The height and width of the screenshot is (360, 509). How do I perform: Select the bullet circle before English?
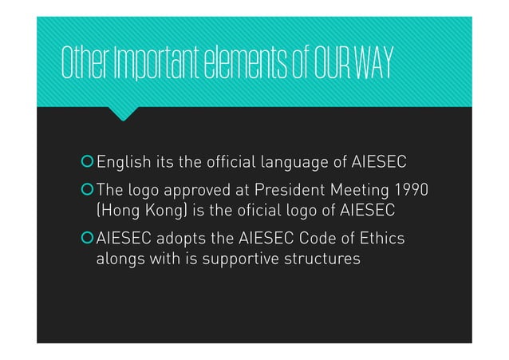coord(87,164)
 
